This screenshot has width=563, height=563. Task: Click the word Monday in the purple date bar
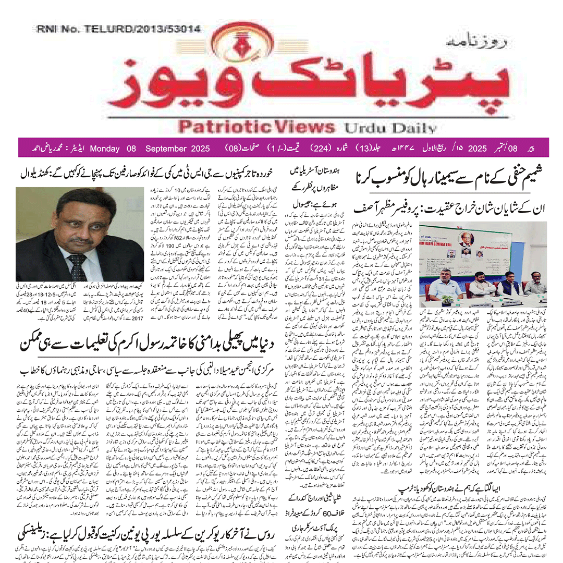click(x=112, y=148)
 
